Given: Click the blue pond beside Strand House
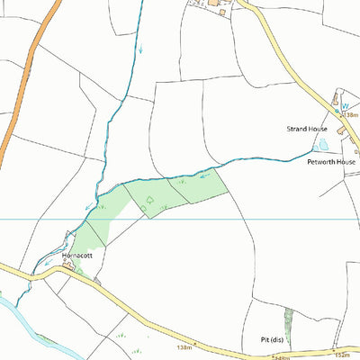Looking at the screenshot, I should tap(320, 143).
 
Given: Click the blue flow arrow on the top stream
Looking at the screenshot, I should tap(140, 49).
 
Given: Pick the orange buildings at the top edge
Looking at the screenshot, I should tap(216, 4).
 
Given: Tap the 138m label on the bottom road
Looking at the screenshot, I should tap(185, 346).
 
